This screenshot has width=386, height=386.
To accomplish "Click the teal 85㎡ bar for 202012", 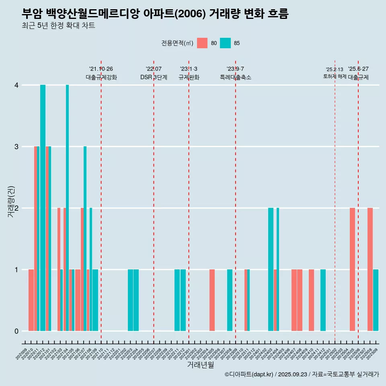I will (43, 208).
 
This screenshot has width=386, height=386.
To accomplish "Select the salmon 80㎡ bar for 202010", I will (31, 300).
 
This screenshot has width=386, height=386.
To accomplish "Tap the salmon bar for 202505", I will (352, 269).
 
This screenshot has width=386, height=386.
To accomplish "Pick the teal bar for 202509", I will (376, 300).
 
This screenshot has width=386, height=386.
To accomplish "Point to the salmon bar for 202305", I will (212, 300).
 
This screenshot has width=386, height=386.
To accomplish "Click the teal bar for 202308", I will (230, 300).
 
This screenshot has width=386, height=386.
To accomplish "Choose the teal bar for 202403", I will (271, 269).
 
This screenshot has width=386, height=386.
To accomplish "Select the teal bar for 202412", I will (323, 300).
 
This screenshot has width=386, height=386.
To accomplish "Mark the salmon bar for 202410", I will (311, 300).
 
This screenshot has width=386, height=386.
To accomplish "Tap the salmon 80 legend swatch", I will (202, 43).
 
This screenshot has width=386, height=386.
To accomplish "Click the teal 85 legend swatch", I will (226, 43).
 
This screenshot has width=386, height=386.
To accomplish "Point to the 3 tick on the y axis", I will (16, 147).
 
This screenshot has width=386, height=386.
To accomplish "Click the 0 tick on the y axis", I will (16, 331).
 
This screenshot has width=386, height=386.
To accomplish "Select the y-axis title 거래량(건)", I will (11, 201).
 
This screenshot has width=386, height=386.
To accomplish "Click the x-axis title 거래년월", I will (200, 365).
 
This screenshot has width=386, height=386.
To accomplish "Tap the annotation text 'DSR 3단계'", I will (154, 77).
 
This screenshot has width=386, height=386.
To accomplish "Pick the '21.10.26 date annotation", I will (101, 69).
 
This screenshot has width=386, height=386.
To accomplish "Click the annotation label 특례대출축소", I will (235, 77).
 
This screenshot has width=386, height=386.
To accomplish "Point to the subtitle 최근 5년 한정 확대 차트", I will (59, 26).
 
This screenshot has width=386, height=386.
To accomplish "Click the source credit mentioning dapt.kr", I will (302, 374).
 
